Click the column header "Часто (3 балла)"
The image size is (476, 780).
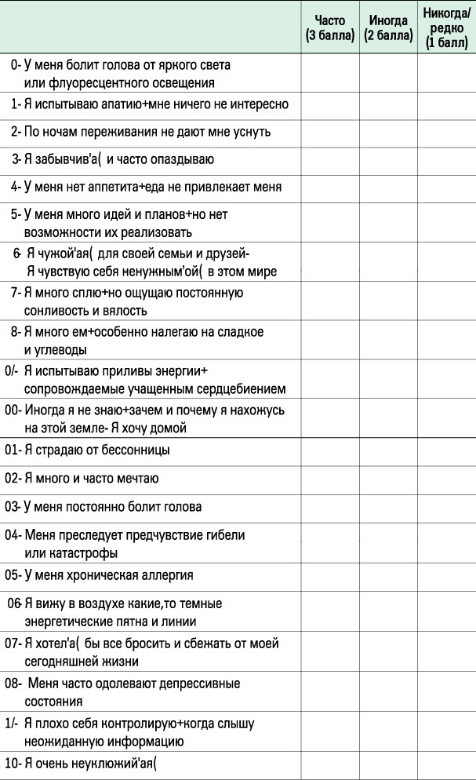pos(330,28)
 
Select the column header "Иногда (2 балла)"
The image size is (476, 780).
pos(388,28)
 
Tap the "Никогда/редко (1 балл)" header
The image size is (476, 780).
pos(447,28)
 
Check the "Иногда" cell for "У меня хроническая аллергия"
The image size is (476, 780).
pos(388,577)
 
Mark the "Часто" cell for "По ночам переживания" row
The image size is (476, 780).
pos(330,133)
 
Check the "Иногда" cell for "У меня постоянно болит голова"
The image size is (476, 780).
pos(388,508)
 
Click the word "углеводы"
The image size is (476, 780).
pos(60,350)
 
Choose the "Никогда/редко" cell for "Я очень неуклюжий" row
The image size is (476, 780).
pos(447,766)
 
